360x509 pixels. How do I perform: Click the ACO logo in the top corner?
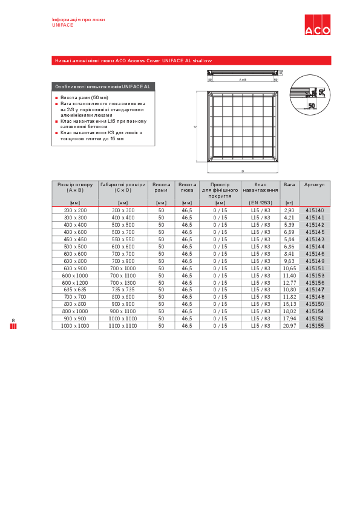pyautogui.click(x=317, y=27)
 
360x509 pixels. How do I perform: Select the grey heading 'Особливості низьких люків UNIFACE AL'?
pyautogui.click(x=102, y=87)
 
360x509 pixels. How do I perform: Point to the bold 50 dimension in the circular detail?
pyautogui.click(x=312, y=105)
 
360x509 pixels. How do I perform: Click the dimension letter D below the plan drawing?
pyautogui.click(x=243, y=172)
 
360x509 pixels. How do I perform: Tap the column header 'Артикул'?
pyautogui.click(x=315, y=184)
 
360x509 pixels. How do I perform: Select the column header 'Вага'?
pyautogui.click(x=289, y=184)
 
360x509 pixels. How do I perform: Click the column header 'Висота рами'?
pyautogui.click(x=161, y=187)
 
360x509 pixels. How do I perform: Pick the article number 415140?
pyautogui.click(x=315, y=210)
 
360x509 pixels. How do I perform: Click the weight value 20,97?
pyautogui.click(x=289, y=325)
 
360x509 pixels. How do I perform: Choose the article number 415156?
pyautogui.click(x=315, y=282)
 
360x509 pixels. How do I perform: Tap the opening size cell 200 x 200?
pyautogui.click(x=75, y=210)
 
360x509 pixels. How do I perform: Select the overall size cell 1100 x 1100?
pyautogui.click(x=123, y=325)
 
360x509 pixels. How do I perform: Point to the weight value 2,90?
pyautogui.click(x=289, y=210)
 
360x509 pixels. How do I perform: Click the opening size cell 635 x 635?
pyautogui.click(x=75, y=290)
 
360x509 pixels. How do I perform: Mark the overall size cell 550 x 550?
pyautogui.click(x=123, y=239)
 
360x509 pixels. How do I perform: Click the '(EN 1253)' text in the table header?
pyautogui.click(x=261, y=203)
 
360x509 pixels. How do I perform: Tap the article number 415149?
pyautogui.click(x=315, y=261)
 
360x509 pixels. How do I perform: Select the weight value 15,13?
pyautogui.click(x=289, y=303)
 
